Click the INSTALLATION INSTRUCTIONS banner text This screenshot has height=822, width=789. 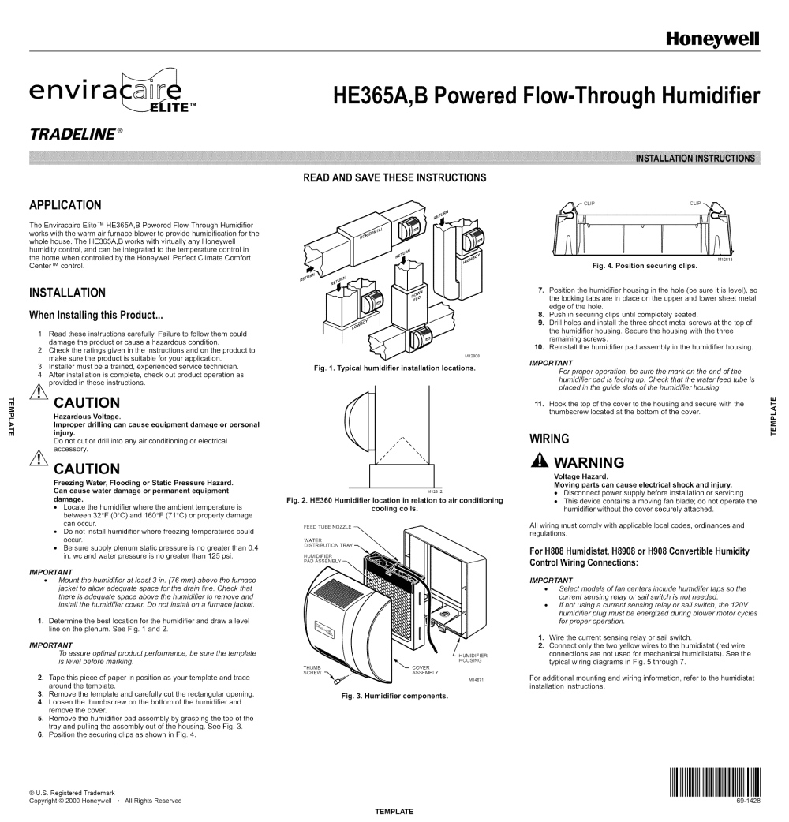(x=695, y=158)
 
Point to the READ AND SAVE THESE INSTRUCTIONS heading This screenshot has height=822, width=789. (x=394, y=177)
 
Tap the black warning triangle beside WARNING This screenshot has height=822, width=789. (x=539, y=462)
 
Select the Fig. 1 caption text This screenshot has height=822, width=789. (x=394, y=368)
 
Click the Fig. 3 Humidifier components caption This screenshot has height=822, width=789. (x=394, y=696)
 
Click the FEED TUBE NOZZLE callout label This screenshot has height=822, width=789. (x=327, y=526)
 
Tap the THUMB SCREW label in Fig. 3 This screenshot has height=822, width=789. (x=312, y=670)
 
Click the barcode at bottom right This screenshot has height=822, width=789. (x=715, y=783)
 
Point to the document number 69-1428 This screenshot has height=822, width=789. (x=748, y=801)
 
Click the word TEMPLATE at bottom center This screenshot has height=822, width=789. (x=394, y=811)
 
